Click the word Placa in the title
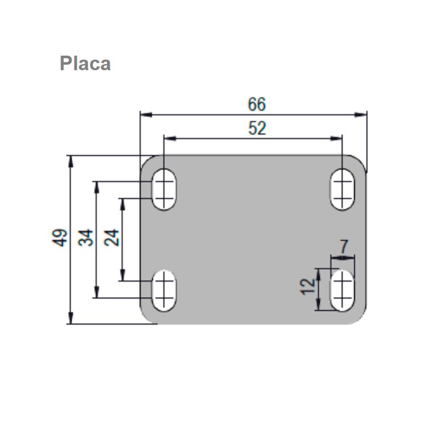[85, 64]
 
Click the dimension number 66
[257, 104]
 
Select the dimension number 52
[257, 129]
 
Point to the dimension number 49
[60, 238]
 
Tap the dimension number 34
[86, 238]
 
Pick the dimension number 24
[112, 238]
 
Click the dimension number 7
[344, 246]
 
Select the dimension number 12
[308, 286]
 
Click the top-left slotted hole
[164, 189]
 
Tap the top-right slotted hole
[342, 189]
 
